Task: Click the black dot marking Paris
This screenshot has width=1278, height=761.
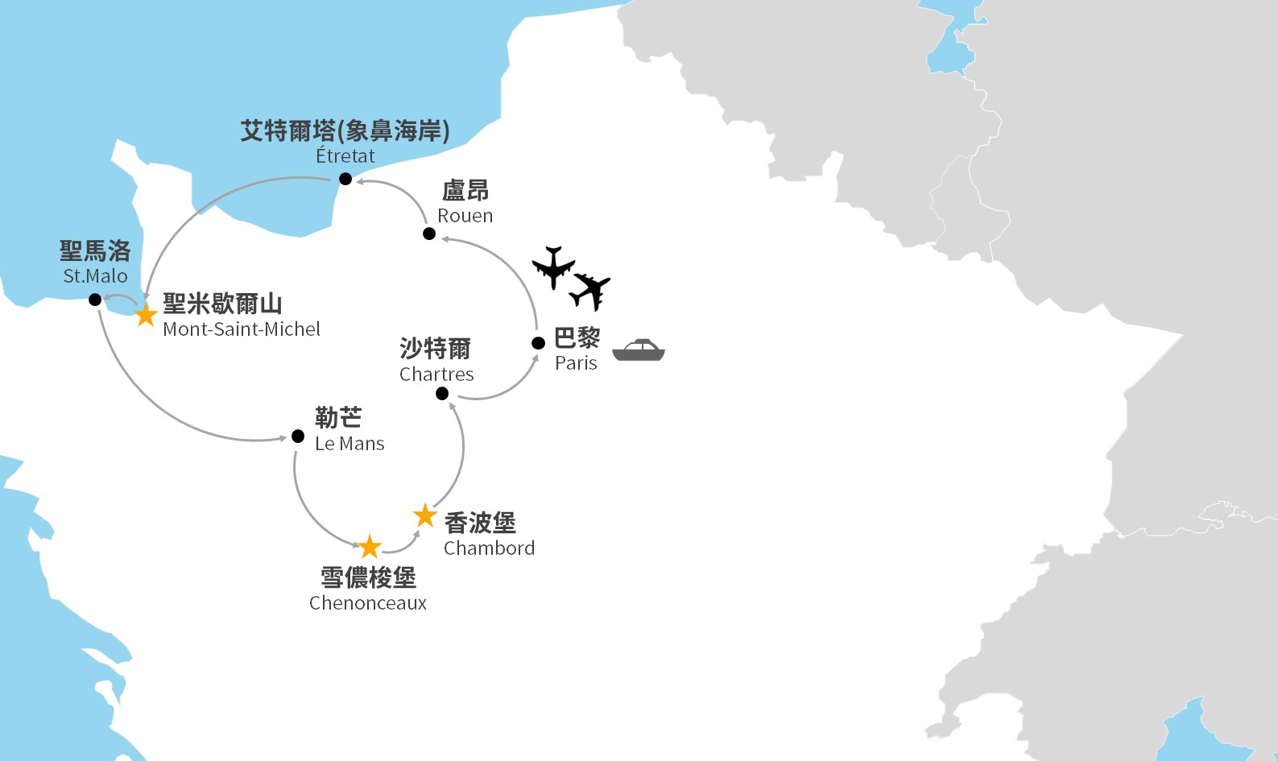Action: pyautogui.click(x=539, y=343)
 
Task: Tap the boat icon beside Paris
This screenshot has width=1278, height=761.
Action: pyautogui.click(x=639, y=350)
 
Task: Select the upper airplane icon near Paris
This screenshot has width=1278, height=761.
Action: pyautogui.click(x=553, y=267)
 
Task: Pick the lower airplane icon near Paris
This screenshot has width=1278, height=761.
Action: pyautogui.click(x=591, y=291)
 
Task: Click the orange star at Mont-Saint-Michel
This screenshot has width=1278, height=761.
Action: pyautogui.click(x=146, y=315)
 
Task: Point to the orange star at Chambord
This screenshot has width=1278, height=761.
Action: pyautogui.click(x=425, y=515)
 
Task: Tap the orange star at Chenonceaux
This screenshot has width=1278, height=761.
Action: pyautogui.click(x=370, y=547)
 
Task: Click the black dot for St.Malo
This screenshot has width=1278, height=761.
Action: pyautogui.click(x=95, y=300)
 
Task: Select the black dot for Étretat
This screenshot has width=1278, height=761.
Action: pyautogui.click(x=345, y=179)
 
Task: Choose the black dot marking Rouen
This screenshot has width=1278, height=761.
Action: pyautogui.click(x=429, y=234)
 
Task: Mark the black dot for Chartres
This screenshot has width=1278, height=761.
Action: pyautogui.click(x=442, y=394)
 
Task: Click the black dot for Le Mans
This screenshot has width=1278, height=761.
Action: pyautogui.click(x=298, y=436)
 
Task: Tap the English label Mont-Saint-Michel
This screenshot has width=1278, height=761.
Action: pyautogui.click(x=241, y=329)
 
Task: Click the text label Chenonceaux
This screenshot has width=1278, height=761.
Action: pyautogui.click(x=367, y=603)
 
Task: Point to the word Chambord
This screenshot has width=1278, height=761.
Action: pyautogui.click(x=489, y=548)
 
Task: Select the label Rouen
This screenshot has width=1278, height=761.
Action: pyautogui.click(x=465, y=216)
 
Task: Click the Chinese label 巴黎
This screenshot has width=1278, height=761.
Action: pyautogui.click(x=577, y=338)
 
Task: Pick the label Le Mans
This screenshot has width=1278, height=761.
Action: pyautogui.click(x=349, y=444)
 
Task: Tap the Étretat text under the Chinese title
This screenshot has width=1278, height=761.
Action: pyautogui.click(x=345, y=156)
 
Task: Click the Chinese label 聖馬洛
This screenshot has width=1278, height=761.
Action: pyautogui.click(x=95, y=251)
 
